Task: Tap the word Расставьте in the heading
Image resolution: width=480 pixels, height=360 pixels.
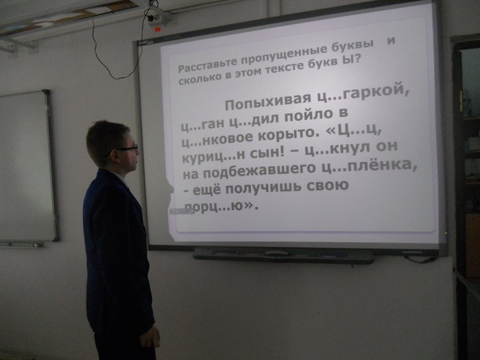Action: click(x=207, y=65)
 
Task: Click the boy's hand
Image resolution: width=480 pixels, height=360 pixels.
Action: click(x=150, y=336)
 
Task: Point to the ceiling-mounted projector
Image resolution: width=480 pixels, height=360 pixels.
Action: click(x=158, y=17)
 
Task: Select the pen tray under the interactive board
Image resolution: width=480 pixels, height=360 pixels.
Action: click(x=283, y=256)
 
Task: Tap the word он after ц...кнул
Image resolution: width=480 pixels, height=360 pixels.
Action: click(x=386, y=146)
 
